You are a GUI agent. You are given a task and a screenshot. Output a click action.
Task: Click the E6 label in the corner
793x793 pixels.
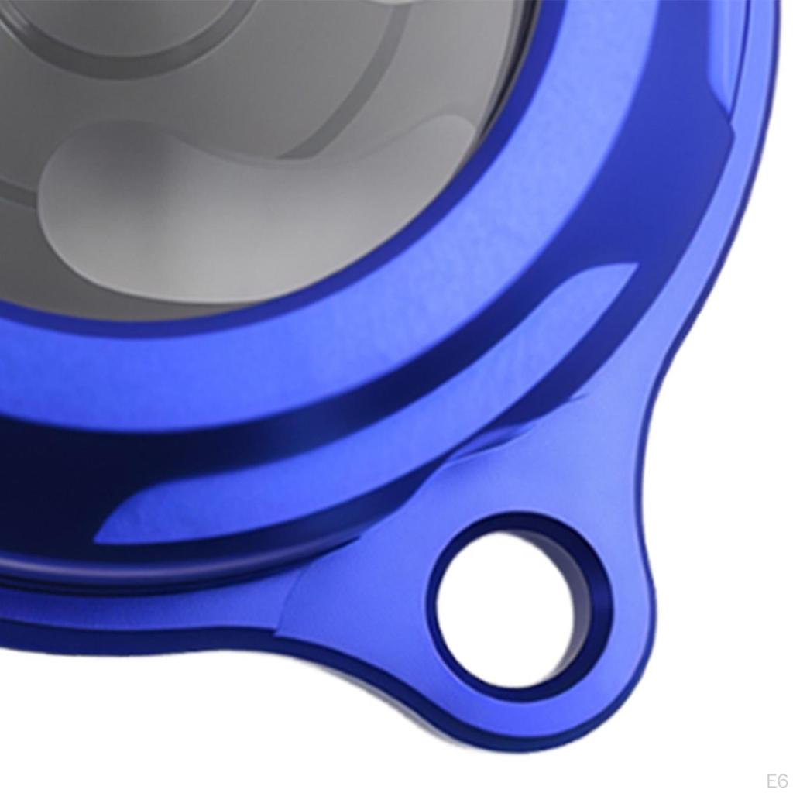pyautogui.click(x=777, y=779)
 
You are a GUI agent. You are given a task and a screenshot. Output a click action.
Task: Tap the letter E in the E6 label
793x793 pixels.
pyautogui.click(x=771, y=779)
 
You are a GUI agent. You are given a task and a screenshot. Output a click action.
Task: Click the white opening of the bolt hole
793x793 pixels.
pyautogui.click(x=506, y=613)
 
